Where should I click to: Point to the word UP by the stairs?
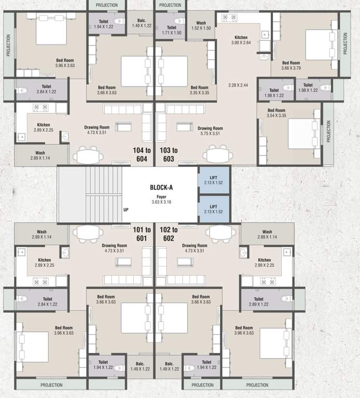tap(126, 210)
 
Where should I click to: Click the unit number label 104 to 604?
tap(141, 154)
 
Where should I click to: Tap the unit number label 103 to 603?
tap(168, 154)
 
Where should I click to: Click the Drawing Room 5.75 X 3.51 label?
tap(210, 131)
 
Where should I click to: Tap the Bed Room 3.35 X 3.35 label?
tap(200, 90)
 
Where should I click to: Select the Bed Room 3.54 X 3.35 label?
tap(276, 113)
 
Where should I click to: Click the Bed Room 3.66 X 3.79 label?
tap(291, 65)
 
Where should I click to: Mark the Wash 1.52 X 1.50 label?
tap(201, 25)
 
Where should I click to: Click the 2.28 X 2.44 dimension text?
tap(238, 85)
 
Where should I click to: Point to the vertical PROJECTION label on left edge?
tap(8, 45)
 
